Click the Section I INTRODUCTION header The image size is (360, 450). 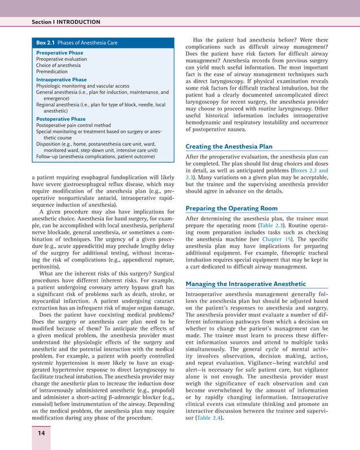click(65, 22)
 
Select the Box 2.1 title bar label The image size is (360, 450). click(71, 43)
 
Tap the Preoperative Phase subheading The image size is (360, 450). click(59, 53)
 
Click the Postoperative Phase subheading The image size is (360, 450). click(60, 119)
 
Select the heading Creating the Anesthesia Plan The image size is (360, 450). click(229, 147)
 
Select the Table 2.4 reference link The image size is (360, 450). click(212, 417)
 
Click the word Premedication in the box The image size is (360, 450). click(52, 72)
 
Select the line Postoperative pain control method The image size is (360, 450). click(73, 126)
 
